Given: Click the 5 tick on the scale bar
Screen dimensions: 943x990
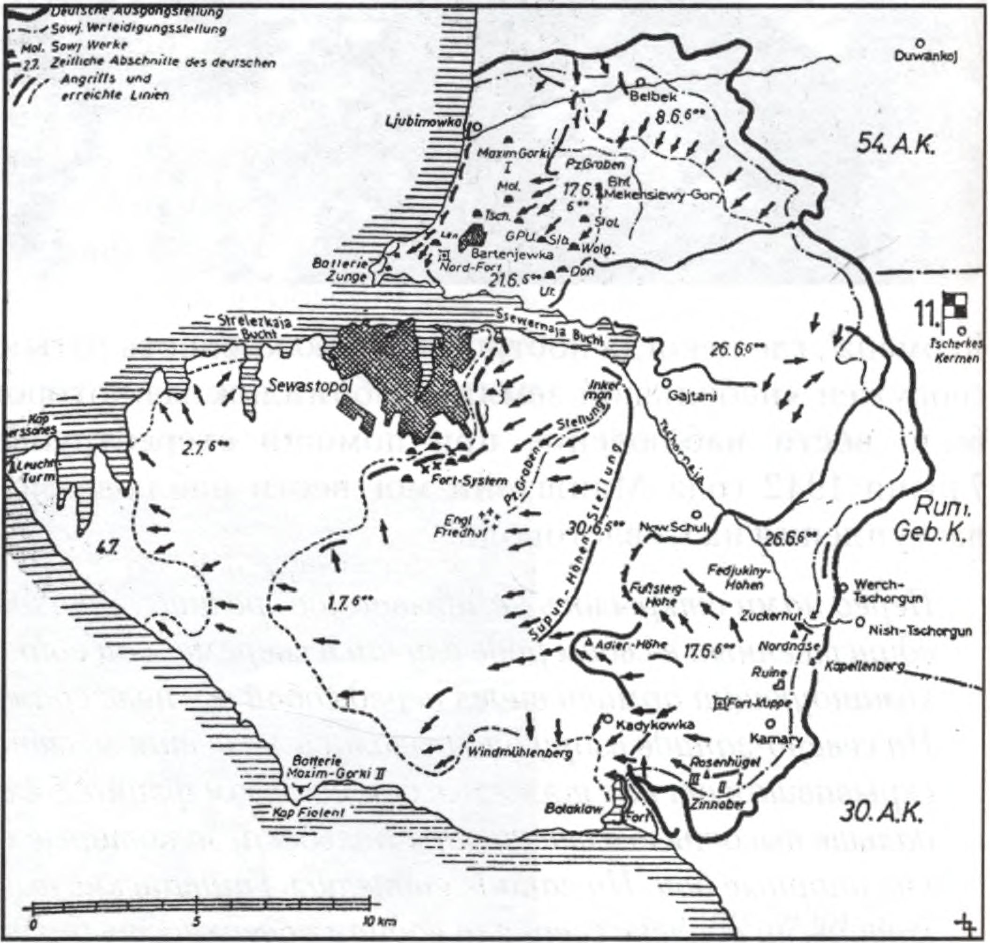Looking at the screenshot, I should click(198, 908).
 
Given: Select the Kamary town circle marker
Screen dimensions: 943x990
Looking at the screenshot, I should click(770, 723).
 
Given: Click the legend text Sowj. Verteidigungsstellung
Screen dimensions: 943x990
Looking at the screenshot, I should click(138, 29).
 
